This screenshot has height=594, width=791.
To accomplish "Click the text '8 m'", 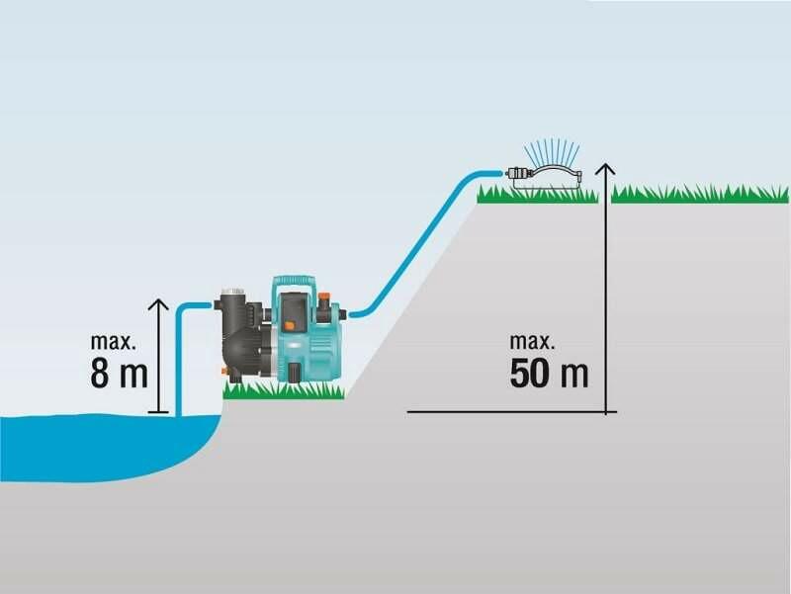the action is (119, 374).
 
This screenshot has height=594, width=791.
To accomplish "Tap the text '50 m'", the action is (549, 374).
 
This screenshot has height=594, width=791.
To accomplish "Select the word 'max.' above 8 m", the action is (113, 341).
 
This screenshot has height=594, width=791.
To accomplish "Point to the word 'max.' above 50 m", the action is (532, 341).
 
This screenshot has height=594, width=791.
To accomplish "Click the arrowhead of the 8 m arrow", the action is (159, 304).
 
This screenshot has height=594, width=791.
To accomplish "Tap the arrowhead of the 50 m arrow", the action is (605, 169).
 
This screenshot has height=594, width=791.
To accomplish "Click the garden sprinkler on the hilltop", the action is (546, 177).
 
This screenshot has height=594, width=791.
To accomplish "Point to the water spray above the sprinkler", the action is (552, 150).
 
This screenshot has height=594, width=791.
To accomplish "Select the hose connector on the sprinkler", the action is (517, 173).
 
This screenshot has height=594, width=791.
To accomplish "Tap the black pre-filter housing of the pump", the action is (238, 335).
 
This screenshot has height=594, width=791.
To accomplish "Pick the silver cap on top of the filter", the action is (232, 292).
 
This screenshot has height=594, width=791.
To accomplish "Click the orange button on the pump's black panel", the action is (289, 326).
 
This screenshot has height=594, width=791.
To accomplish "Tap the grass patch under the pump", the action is (284, 390).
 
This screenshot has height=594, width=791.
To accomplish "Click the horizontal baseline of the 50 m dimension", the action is (511, 412).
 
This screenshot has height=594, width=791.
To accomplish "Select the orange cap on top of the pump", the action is (323, 294).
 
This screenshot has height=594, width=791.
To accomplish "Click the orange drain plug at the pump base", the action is (224, 371).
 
